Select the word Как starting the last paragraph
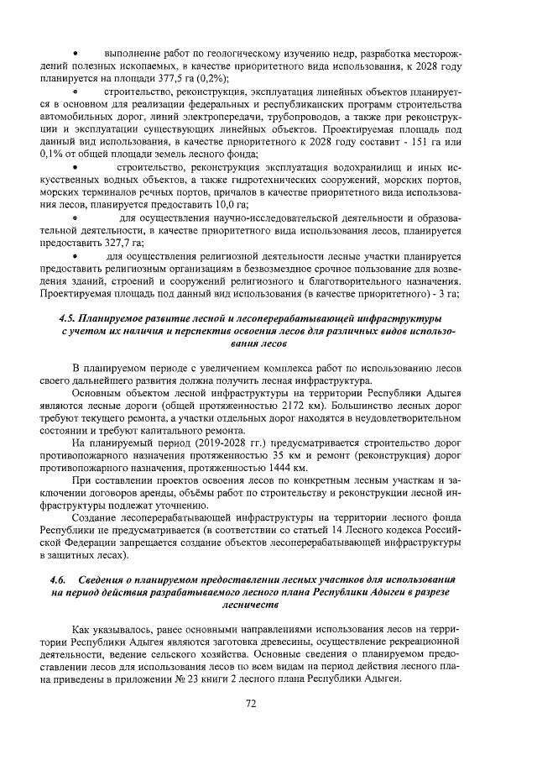pyautogui.click(x=82, y=629)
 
